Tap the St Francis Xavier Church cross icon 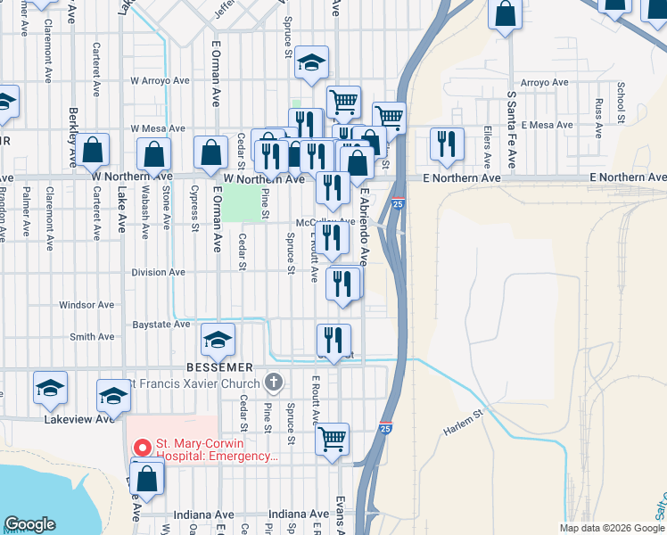[274, 383]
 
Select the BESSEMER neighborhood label [221, 367]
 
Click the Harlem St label [464, 423]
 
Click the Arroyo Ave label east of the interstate [544, 83]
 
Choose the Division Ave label [158, 272]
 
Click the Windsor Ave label [86, 305]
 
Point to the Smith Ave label [92, 337]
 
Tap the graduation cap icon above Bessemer [218, 340]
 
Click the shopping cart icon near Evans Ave [332, 438]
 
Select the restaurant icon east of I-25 [447, 144]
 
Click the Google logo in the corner [29, 524]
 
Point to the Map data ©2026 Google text [612, 528]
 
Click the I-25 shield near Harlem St [386, 429]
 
